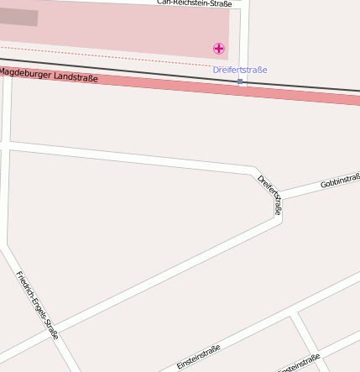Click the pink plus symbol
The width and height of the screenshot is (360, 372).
coord(219,49)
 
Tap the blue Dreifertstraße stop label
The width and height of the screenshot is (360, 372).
coord(240,70)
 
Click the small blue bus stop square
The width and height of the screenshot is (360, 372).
coord(240,81)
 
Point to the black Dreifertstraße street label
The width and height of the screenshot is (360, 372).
coord(269,195)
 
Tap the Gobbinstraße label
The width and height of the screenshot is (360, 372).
coord(340,181)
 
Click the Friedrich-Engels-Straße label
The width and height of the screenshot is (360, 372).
coord(38,305)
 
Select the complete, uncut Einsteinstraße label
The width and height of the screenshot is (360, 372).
coord(199,357)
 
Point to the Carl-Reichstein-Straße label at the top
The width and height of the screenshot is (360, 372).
coord(194,3)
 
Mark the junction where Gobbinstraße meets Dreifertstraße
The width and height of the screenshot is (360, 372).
coord(280,198)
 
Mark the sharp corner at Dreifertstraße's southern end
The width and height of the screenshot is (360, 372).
coord(280,221)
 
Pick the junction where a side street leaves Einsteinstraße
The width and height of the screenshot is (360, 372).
coord(295,315)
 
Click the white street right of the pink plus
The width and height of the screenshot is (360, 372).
coord(243,42)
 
